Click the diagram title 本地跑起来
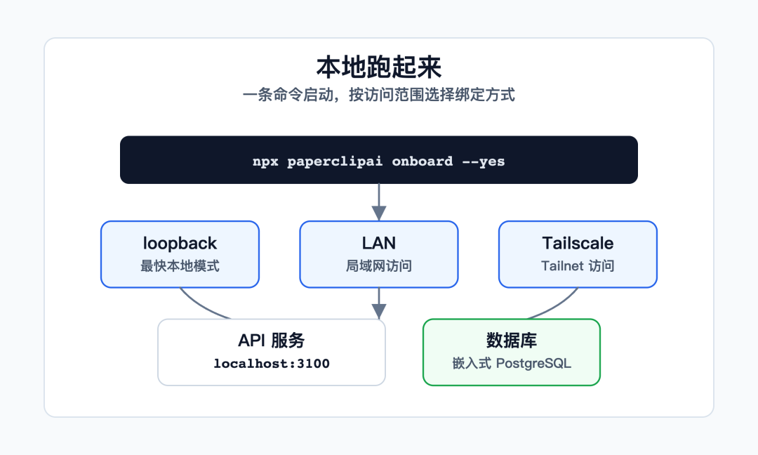378,67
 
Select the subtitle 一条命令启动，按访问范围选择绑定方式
378,95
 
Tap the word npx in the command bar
265,161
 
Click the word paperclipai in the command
335,161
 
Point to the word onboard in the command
422,161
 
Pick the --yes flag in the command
484,161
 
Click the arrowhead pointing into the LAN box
379,213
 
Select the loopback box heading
180,243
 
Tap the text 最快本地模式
180,266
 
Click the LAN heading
379,243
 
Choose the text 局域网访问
379,266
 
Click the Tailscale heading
578,243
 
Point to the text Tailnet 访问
578,266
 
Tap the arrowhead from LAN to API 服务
379,311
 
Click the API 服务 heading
271,341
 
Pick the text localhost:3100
272,364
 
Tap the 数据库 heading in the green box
512,341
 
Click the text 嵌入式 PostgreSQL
512,364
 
